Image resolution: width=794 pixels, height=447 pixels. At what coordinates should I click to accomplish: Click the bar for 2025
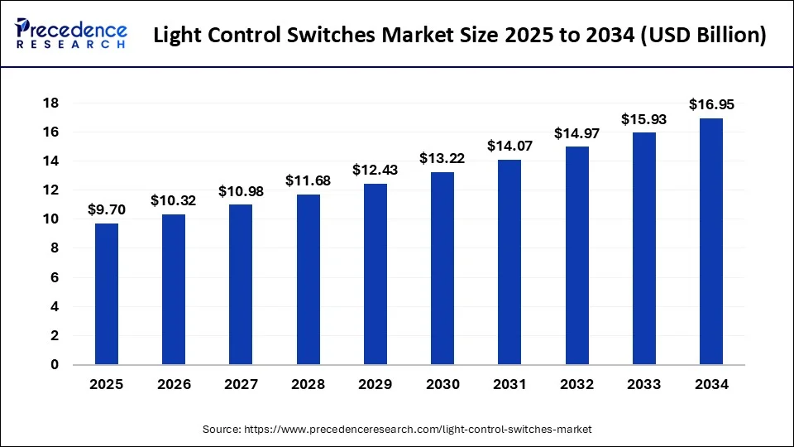click(106, 294)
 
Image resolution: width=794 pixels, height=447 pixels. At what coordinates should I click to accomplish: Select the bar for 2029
click(375, 274)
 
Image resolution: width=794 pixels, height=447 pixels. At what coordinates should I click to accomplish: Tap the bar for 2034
click(711, 241)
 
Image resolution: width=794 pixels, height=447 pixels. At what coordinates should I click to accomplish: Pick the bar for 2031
click(509, 262)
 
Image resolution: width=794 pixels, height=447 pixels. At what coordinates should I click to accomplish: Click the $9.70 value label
click(106, 211)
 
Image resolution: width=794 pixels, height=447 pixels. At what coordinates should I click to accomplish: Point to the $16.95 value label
click(711, 105)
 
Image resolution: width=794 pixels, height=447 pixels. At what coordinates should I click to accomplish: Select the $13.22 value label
click(442, 158)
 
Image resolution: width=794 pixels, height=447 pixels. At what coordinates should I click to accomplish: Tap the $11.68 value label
click(308, 180)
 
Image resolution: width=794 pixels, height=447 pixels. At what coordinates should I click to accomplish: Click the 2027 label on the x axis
click(241, 384)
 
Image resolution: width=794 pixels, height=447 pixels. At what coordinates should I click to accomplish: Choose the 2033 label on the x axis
click(644, 384)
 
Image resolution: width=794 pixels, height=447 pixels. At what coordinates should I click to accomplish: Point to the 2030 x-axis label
click(442, 384)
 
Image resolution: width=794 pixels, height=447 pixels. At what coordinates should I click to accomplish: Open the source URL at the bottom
click(397, 430)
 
